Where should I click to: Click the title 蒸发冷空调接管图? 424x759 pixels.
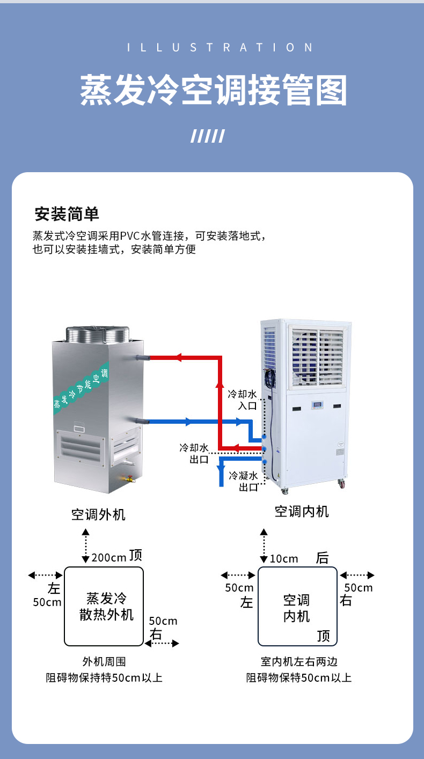213,90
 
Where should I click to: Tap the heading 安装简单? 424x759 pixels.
67,214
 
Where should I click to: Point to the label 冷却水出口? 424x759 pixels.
194,453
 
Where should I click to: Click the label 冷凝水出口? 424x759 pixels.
244,481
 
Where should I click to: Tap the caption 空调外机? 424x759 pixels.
98,515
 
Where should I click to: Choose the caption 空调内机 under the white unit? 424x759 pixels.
302,512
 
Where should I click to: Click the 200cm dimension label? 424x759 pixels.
108,558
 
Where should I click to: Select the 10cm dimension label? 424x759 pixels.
284,559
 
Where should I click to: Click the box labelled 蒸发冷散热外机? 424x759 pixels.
104,606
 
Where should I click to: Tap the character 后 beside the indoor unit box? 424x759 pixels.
322,558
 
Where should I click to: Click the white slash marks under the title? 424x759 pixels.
208,136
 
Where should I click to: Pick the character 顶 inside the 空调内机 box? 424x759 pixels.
324,636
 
